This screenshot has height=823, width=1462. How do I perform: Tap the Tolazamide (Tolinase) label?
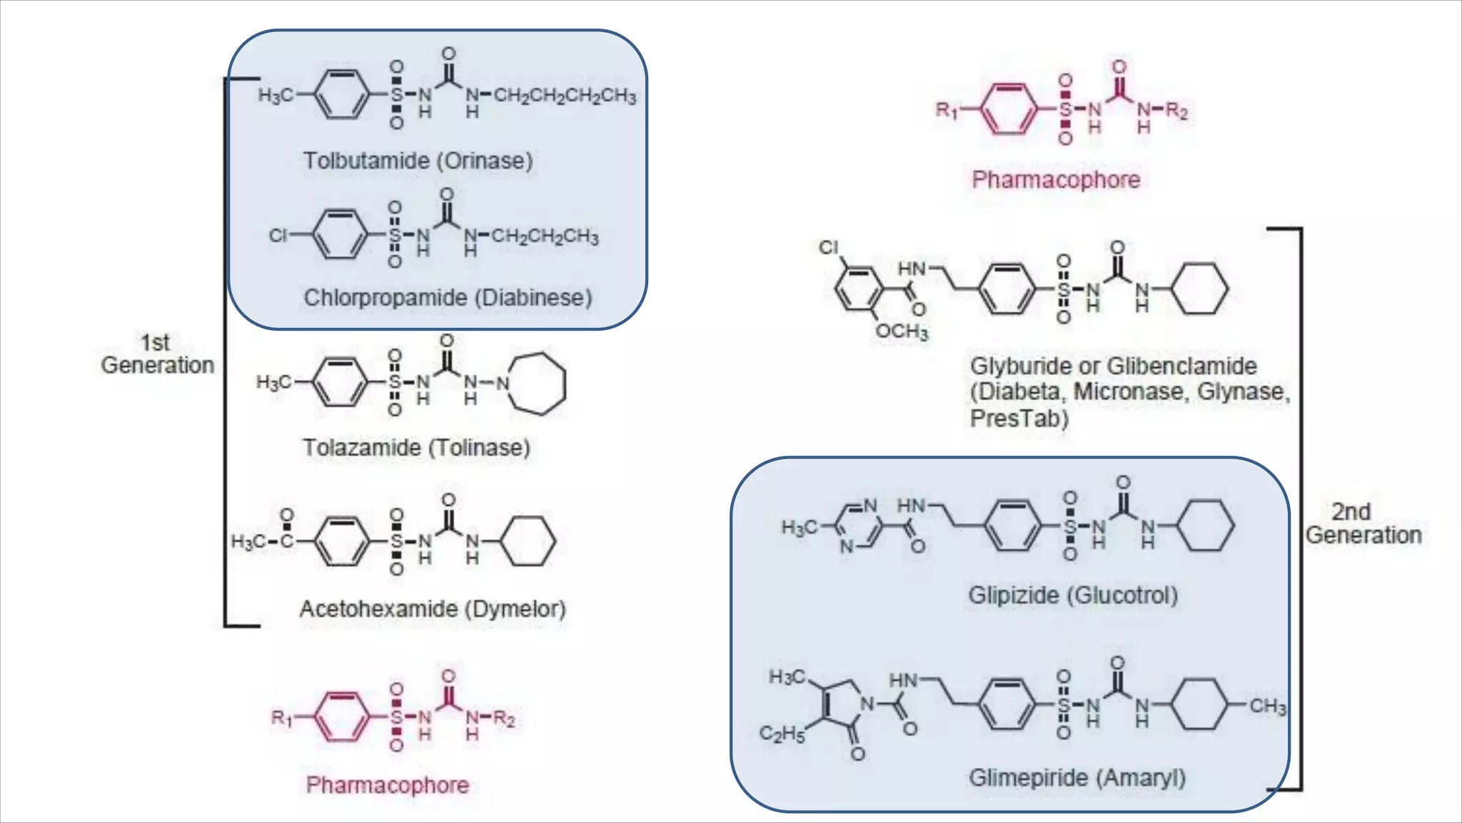[x=416, y=448]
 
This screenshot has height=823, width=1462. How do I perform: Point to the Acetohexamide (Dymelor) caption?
[x=433, y=609]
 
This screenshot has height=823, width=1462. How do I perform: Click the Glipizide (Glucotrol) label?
[x=1072, y=595]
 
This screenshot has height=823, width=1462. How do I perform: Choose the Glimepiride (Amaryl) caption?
[x=1077, y=777]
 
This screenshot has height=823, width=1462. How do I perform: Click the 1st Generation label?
[x=157, y=354]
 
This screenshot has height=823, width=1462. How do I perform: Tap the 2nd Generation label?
[x=1363, y=523]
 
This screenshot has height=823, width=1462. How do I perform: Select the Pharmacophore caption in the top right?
[x=1056, y=179]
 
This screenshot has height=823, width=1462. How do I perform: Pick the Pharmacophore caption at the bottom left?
[x=388, y=785]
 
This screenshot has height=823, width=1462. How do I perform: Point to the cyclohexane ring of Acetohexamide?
[x=528, y=542]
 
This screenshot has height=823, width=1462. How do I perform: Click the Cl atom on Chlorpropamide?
[x=278, y=235]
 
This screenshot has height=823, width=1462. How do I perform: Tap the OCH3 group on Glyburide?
[x=902, y=331]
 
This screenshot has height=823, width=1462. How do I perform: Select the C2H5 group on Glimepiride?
[x=781, y=734]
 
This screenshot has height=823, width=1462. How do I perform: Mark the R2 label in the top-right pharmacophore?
[x=1176, y=111]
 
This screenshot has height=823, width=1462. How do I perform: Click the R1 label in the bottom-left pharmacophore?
[x=281, y=717]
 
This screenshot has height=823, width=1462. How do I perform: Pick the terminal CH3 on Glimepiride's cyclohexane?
[x=1268, y=707]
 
